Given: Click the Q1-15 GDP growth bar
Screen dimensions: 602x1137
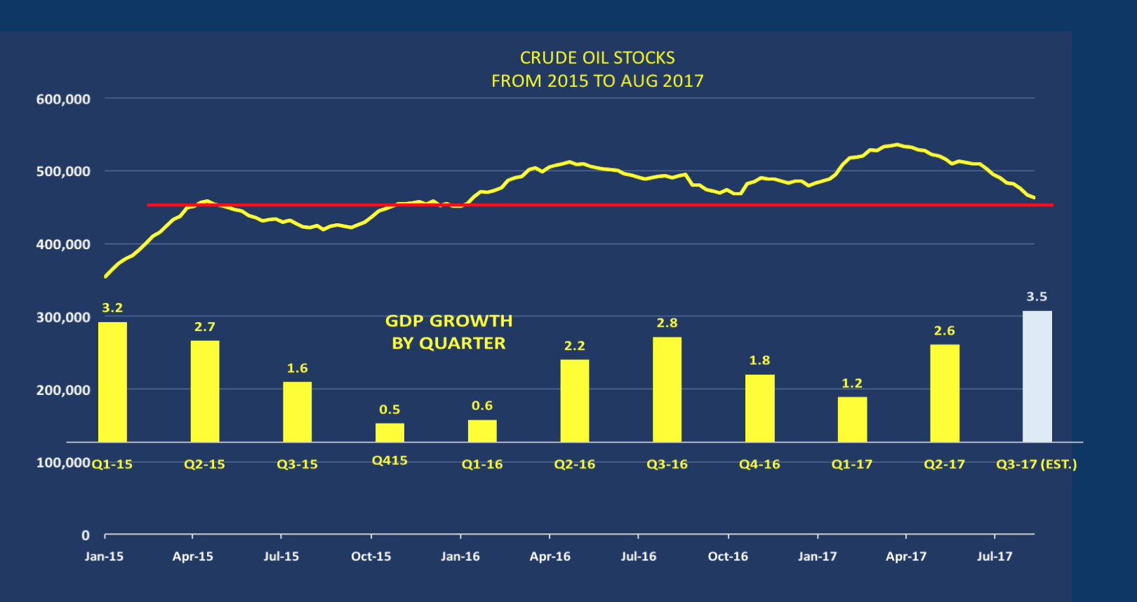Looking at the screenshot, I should tap(112, 382).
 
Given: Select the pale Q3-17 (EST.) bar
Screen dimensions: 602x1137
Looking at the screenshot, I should tap(1037, 377).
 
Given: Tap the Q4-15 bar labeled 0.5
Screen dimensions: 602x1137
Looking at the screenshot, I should tap(390, 432).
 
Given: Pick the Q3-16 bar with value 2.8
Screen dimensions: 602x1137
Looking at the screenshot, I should tap(667, 389).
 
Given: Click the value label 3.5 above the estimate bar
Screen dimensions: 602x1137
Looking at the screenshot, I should tap(1037, 297).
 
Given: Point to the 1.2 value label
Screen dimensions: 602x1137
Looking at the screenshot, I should tap(852, 383).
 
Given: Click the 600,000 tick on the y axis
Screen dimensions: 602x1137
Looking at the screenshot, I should tap(63, 100).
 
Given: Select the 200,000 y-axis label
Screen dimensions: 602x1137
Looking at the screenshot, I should tap(63, 390).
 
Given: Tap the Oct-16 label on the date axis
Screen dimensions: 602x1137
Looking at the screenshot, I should tap(728, 556).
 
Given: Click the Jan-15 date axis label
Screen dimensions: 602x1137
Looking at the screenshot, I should tap(104, 556).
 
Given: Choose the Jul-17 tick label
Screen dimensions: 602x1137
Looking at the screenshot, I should tap(995, 556).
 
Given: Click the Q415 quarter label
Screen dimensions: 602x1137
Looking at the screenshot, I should tap(390, 461).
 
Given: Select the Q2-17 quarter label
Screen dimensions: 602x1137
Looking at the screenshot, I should tap(944, 464).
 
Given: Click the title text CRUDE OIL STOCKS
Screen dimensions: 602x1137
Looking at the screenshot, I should tap(597, 58).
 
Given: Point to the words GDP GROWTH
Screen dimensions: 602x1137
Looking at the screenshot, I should tap(448, 321).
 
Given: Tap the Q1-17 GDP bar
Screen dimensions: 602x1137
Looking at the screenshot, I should tap(852, 420).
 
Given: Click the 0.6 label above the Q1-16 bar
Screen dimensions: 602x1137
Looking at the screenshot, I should tap(482, 406).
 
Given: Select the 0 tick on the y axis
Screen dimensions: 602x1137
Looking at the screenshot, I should tap(86, 535).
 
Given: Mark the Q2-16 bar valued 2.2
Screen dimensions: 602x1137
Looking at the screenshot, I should tap(575, 401).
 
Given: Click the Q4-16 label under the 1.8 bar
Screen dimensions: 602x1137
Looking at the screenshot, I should tap(759, 464).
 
